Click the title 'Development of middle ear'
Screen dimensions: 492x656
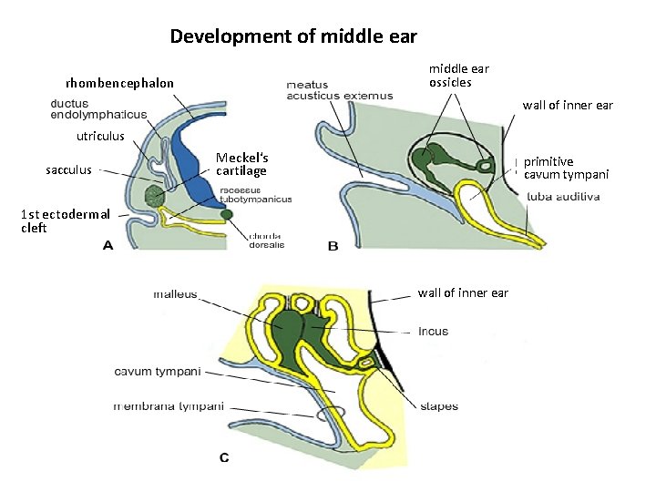coord(293,37)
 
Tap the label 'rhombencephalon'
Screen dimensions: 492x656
coord(119,84)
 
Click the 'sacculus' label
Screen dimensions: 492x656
coord(68,169)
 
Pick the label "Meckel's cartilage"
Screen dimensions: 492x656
coord(241,164)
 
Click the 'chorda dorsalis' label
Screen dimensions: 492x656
coord(267,240)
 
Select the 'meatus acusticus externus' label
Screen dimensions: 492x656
coord(339,90)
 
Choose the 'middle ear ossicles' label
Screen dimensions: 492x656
coord(459,76)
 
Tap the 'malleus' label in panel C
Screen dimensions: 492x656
coord(174,293)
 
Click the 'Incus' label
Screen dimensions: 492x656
coord(434,331)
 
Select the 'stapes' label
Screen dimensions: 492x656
coord(440,406)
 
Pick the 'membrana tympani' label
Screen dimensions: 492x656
coord(169,406)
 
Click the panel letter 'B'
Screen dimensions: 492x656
coord(333,246)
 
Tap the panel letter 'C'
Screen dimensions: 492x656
coord(224,457)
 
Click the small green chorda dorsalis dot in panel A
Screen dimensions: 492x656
coord(226,214)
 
